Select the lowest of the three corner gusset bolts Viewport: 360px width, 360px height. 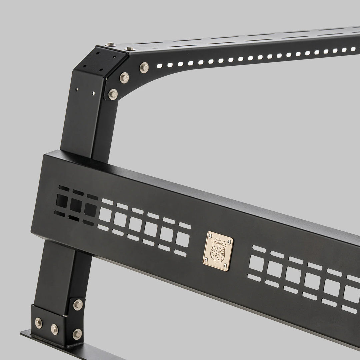[113, 94]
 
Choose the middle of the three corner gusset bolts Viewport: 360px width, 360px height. [124, 78]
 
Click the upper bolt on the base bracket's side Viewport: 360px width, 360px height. [78, 304]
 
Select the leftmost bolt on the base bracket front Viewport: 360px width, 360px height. [39, 322]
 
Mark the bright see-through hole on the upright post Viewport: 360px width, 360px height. [94, 93]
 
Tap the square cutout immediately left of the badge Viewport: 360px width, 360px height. [182, 239]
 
